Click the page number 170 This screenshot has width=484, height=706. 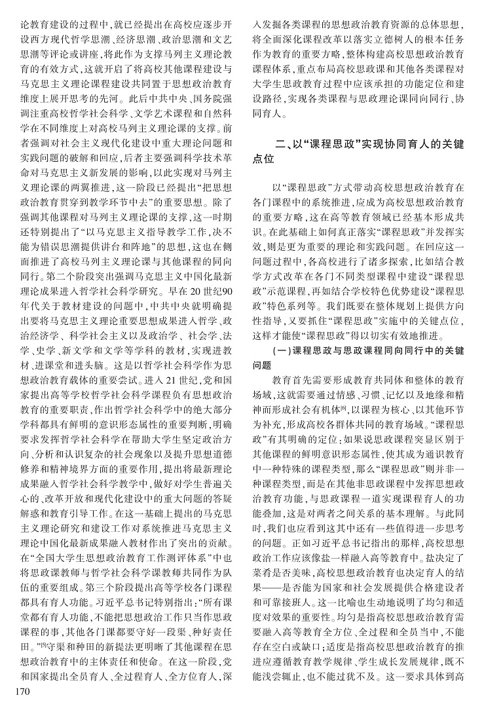pos(15,692)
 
